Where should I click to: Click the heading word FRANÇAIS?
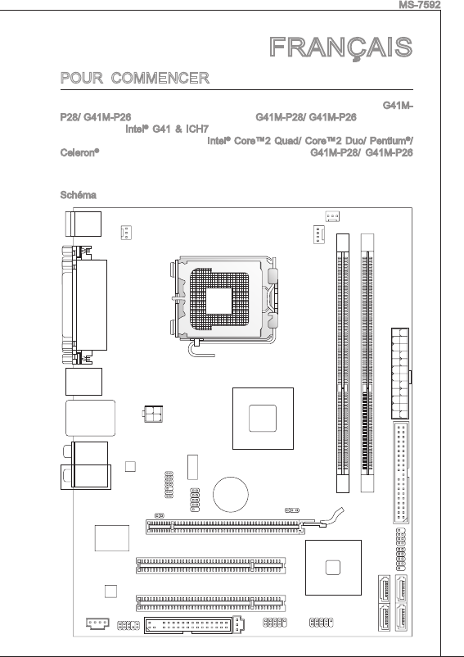click(341, 48)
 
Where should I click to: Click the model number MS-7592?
click(419, 5)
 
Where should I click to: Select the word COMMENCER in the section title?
click(160, 78)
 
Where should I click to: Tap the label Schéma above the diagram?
click(79, 195)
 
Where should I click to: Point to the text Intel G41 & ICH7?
click(167, 129)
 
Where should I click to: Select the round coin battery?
click(230, 495)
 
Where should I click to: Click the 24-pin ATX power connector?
click(400, 374)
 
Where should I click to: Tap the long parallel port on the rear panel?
click(90, 305)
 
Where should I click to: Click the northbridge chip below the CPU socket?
click(263, 418)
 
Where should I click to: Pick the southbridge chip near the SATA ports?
click(333, 568)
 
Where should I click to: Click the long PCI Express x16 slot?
click(225, 527)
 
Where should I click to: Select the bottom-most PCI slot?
click(211, 604)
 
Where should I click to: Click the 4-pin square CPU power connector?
click(153, 414)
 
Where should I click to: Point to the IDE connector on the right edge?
click(401, 473)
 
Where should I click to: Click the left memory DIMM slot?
click(343, 363)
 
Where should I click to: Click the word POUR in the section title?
click(82, 78)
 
